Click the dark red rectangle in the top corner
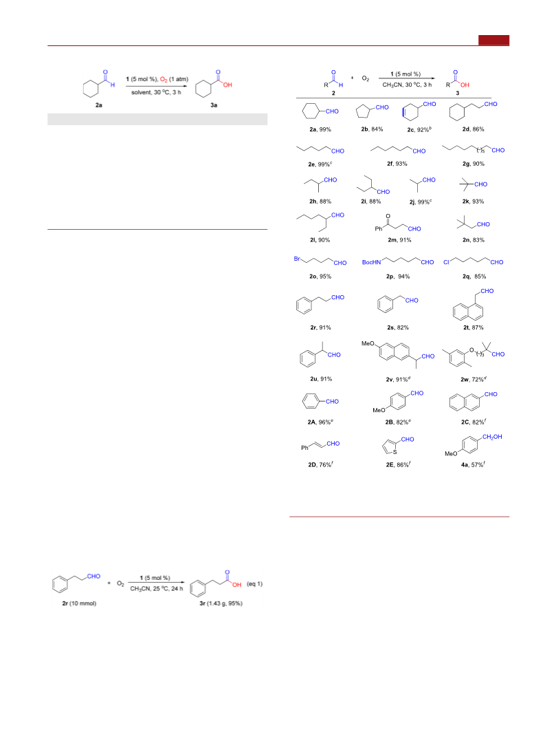click(493, 41)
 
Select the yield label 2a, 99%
click(320, 129)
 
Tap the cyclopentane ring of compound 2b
click(364, 112)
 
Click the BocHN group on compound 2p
click(371, 262)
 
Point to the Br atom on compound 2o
click(297, 259)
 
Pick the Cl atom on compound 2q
click(446, 262)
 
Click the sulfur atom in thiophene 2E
click(394, 452)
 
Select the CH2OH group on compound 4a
click(492, 437)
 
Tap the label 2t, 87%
click(474, 327)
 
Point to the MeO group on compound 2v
click(368, 343)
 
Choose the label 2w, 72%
click(474, 379)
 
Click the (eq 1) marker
click(254, 584)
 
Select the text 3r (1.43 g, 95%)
click(221, 603)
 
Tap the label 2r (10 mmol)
click(79, 603)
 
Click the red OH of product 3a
click(227, 85)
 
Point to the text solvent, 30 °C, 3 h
click(156, 92)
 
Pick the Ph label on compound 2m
click(378, 229)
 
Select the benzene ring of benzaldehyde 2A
click(311, 401)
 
